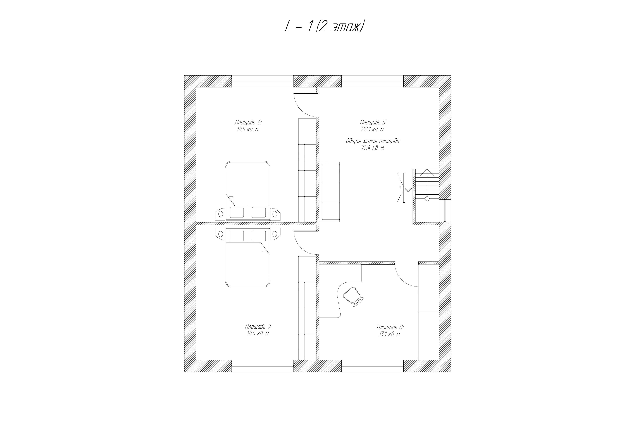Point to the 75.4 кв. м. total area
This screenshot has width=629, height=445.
pyautogui.click(x=373, y=148)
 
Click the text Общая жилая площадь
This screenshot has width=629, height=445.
pyautogui.click(x=373, y=141)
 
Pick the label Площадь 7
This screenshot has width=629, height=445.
pyautogui.click(x=258, y=327)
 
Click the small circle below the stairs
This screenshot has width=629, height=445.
pyautogui.click(x=427, y=199)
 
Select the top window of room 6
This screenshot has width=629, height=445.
pyautogui.click(x=263, y=81)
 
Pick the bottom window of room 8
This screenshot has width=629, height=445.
pyautogui.click(x=373, y=366)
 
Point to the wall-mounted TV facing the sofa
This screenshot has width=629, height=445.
pyautogui.click(x=404, y=188)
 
